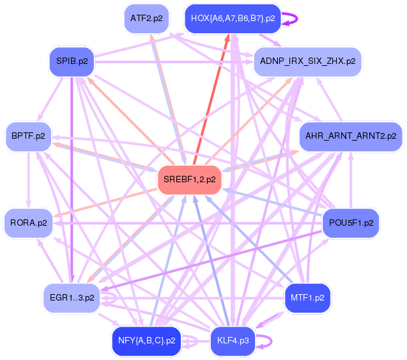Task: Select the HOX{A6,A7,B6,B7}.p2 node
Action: (x=233, y=19)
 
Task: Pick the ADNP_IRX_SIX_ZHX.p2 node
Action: (x=308, y=61)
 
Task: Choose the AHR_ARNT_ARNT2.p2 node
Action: (x=351, y=136)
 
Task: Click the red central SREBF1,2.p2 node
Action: (x=189, y=179)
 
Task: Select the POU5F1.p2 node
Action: (x=349, y=223)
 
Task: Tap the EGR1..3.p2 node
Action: (x=72, y=297)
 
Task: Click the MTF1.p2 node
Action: (x=307, y=298)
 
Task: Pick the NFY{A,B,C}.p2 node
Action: (x=146, y=340)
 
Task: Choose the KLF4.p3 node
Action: (x=233, y=340)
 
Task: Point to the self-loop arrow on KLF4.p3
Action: (x=268, y=340)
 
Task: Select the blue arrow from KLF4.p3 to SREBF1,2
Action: (x=210, y=256)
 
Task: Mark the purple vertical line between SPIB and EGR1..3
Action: (x=72, y=185)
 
